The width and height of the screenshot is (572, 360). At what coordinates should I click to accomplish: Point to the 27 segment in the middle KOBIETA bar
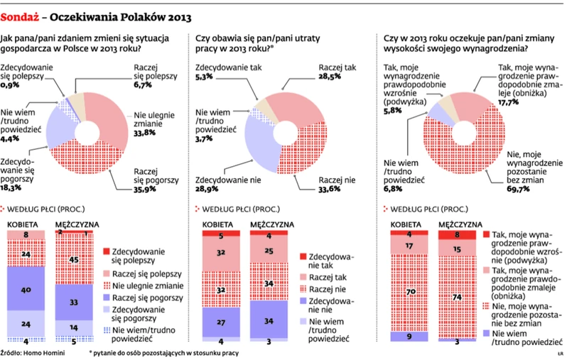(222, 320)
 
